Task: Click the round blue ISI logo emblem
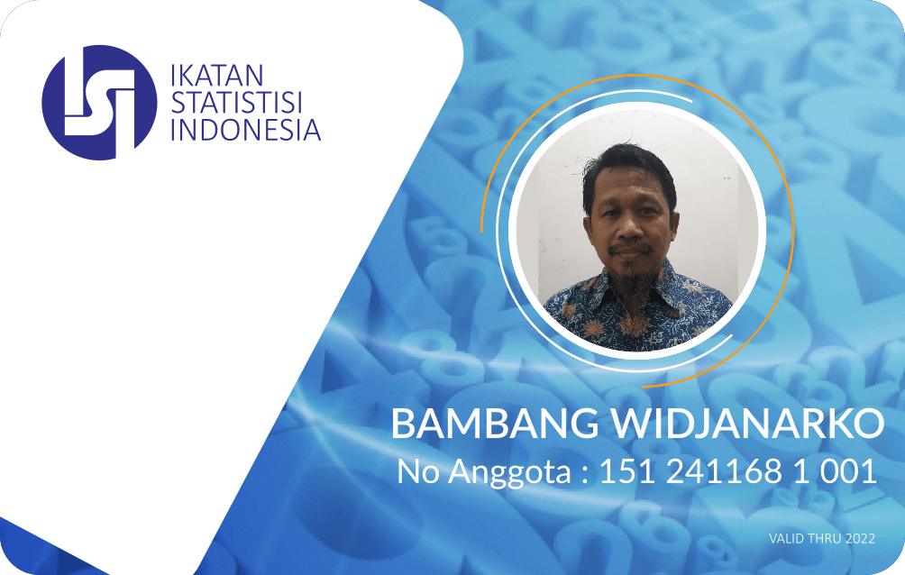(99, 103)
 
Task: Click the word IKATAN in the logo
(217, 76)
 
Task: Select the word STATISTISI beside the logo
(237, 102)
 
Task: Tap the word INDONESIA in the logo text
(246, 129)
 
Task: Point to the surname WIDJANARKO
(748, 424)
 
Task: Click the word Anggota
(509, 473)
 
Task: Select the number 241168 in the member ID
(724, 471)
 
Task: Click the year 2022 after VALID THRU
(860, 539)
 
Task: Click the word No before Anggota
(419, 471)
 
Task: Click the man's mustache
(633, 249)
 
